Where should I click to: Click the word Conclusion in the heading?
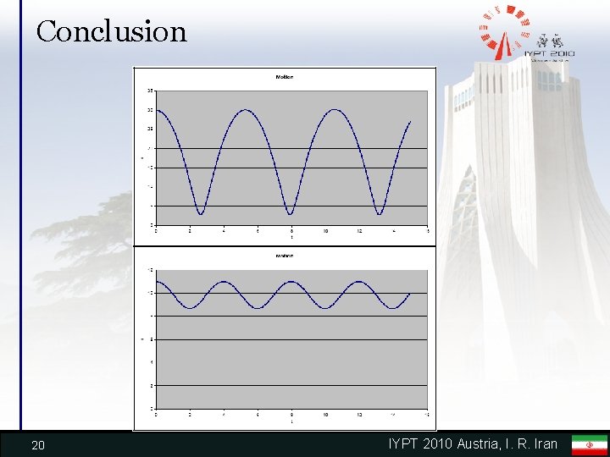coord(111,31)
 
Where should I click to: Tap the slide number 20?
coord(37,445)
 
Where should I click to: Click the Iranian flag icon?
coord(589,444)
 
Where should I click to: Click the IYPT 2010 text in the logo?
coord(550,54)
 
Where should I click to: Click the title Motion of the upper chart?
coord(285,77)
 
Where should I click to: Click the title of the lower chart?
coord(285,255)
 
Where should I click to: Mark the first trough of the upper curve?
coord(200,213)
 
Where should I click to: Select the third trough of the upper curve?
coord(380,213)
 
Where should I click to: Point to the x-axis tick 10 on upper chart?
coord(325,231)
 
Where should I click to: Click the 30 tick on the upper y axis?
coord(150,110)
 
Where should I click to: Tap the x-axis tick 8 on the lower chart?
coord(291,416)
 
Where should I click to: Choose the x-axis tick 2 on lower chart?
coord(189,416)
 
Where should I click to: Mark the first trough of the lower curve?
coord(191,307)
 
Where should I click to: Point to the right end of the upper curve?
coord(411,122)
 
